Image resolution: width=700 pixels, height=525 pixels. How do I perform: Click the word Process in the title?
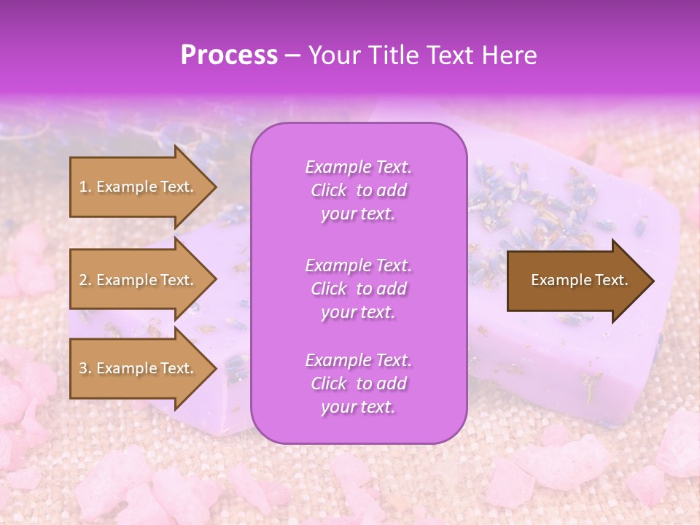[229, 55]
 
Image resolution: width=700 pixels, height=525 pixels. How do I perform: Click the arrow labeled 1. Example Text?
[139, 187]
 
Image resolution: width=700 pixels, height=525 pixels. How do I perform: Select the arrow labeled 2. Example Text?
[139, 280]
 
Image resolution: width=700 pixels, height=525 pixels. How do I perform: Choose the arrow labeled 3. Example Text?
[139, 368]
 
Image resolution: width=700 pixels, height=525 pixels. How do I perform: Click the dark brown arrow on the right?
[576, 281]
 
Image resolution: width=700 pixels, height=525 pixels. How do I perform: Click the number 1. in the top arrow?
[85, 187]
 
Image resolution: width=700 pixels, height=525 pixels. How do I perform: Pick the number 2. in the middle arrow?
[85, 280]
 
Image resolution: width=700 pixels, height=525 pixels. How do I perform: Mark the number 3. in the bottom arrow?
[85, 368]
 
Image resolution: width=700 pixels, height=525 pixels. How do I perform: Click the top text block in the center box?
[358, 190]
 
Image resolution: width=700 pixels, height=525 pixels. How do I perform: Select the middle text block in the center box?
[358, 289]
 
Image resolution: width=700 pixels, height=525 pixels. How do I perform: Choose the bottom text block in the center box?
[358, 384]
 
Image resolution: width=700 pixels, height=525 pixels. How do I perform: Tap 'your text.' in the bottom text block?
[358, 407]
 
